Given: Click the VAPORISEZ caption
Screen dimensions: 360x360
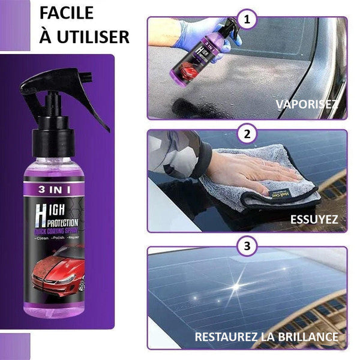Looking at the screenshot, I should (x=307, y=104).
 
